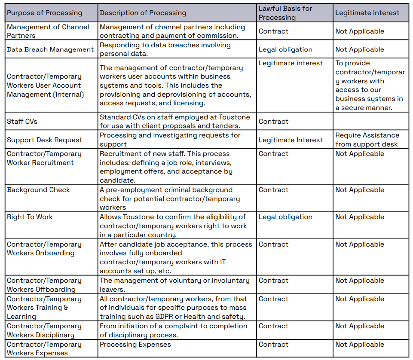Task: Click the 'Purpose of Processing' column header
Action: [45, 13]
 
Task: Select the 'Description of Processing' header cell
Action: [143, 13]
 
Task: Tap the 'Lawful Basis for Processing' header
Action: [285, 13]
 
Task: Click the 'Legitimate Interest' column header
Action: [367, 13]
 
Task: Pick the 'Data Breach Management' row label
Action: [50, 49]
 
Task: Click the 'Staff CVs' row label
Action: [22, 122]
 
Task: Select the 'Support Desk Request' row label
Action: [45, 140]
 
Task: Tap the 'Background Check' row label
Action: [38, 190]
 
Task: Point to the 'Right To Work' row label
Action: [30, 217]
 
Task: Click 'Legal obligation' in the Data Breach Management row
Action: [285, 50]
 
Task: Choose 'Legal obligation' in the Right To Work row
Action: [285, 217]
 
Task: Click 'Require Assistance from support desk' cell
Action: [367, 140]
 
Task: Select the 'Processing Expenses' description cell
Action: [135, 345]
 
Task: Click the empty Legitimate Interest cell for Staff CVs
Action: [371, 122]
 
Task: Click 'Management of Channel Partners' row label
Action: [48, 31]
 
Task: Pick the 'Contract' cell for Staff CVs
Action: [274, 122]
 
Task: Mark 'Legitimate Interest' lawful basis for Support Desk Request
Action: [291, 140]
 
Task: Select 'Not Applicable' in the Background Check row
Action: [360, 190]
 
